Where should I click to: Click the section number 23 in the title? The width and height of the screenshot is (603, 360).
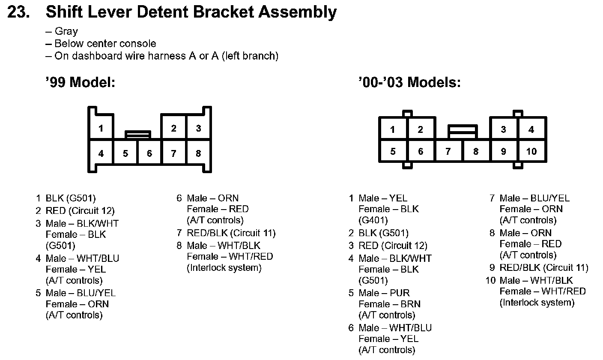coord(19,12)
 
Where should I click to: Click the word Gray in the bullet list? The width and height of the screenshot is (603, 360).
coord(66,31)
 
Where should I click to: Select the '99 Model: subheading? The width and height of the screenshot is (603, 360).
coord(81,82)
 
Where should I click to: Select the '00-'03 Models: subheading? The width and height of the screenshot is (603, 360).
coord(409,82)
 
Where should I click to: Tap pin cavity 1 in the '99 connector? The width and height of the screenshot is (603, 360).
coord(101,128)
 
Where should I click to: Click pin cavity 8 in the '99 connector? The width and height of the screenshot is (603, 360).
coord(198,153)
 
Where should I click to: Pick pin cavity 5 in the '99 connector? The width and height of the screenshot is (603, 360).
coord(125,153)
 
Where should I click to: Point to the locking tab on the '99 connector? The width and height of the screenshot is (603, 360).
coord(137,135)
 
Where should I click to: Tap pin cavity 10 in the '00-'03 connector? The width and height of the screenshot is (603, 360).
coord(531,151)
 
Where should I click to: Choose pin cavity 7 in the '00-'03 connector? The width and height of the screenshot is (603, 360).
coord(448,151)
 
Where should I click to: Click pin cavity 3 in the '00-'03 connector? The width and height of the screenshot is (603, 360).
coord(504,129)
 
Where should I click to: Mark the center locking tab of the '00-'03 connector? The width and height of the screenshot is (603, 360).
coord(463,131)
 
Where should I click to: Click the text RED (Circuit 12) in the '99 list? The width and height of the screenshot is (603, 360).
coord(80,211)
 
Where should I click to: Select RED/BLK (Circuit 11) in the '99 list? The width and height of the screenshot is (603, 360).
coord(231,233)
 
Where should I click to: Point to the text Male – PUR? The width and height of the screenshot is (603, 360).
coord(384,293)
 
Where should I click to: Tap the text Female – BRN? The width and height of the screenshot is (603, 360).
coord(389,304)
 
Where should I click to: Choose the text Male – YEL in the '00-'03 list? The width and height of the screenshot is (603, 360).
coord(383,198)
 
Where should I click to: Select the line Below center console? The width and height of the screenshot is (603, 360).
coord(105,44)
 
